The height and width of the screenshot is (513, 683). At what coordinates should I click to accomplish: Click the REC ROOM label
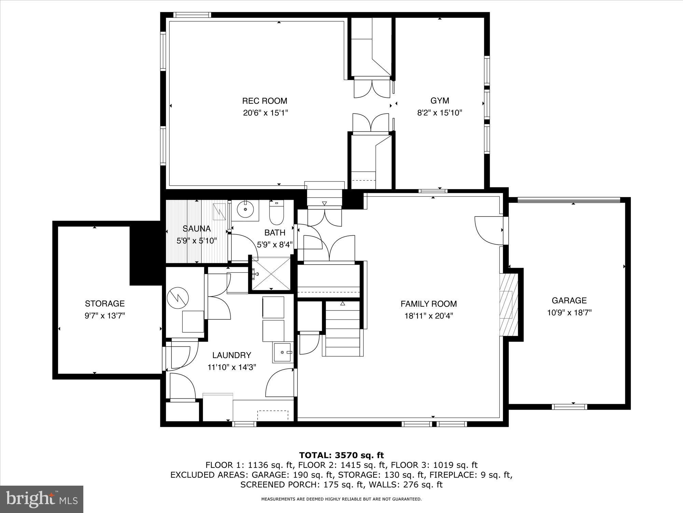point(264,101)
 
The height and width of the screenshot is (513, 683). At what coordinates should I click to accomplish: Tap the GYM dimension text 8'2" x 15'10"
point(440,113)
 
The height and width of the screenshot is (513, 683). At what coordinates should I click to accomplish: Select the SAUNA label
point(196,229)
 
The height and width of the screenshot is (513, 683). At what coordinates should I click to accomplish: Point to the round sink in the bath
point(245,209)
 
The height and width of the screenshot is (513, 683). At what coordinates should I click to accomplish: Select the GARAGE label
point(569,301)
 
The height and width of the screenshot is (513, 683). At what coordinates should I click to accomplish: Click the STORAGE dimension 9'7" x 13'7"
point(104,315)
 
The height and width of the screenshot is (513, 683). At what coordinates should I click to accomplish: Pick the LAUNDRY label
point(232,355)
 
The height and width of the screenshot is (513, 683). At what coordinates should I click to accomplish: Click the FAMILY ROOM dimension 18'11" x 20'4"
point(429,316)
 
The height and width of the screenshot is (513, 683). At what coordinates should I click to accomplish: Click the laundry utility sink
point(282,353)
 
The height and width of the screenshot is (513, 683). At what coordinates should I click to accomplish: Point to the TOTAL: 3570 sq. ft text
point(341,455)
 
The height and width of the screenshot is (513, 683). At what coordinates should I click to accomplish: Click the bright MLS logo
point(42,500)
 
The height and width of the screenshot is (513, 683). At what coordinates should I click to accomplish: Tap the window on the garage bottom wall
point(570,407)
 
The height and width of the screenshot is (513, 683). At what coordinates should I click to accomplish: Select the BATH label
point(275,233)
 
